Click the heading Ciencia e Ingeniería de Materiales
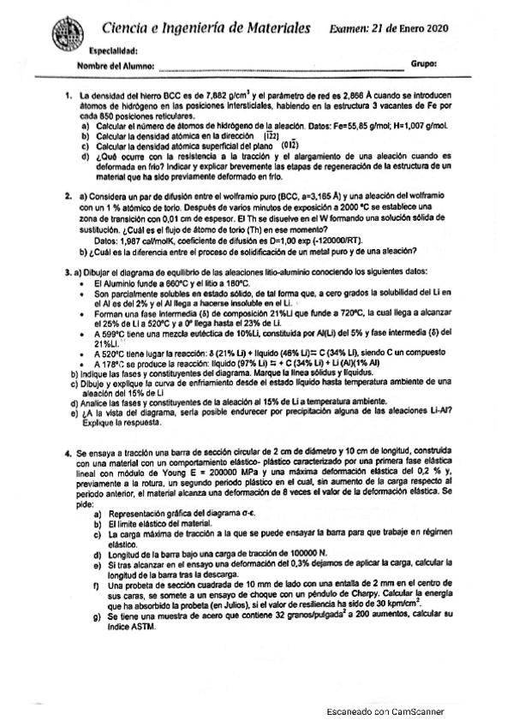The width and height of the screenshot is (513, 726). pyautogui.click(x=205, y=27)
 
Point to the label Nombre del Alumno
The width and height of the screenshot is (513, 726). pyautogui.click(x=116, y=65)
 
